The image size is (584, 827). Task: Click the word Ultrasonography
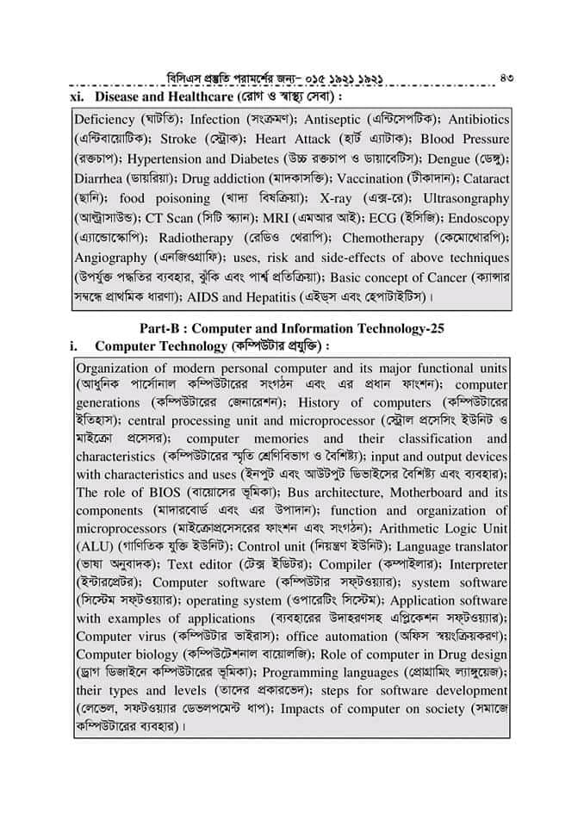462,199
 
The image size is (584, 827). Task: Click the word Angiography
111,258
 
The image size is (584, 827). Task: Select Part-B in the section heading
163,328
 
